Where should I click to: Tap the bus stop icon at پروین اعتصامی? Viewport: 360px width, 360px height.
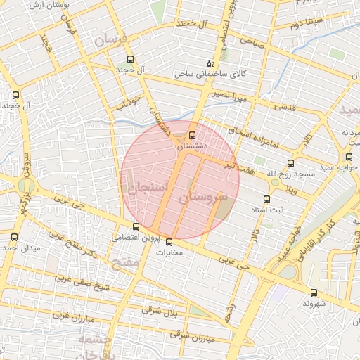tap(136, 226)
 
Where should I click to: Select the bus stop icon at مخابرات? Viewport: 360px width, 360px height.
tap(169, 242)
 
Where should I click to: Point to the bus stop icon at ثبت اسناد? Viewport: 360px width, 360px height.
tap(266, 199)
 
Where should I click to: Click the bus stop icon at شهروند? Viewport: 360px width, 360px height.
tap(314, 292)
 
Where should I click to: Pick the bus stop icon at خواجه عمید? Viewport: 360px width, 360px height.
tap(348, 157)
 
